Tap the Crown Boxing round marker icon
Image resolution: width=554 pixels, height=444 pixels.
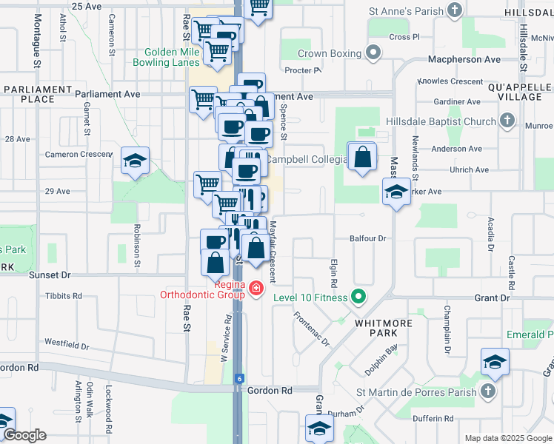(374, 54)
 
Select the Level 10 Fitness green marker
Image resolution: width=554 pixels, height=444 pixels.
(359, 297)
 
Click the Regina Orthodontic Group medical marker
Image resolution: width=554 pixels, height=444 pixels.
(256, 287)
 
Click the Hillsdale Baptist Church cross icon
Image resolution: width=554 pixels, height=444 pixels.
(507, 121)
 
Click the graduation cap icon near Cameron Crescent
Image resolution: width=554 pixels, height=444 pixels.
(136, 161)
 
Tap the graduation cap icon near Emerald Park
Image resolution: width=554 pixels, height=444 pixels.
(495, 362)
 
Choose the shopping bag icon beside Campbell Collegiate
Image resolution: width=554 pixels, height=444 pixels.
(362, 157)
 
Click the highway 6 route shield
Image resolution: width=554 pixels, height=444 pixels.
(239, 378)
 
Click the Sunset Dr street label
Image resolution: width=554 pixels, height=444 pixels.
(49, 275)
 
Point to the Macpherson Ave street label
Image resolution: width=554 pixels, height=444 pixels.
(461, 58)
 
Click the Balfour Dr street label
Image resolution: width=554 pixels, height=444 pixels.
(369, 238)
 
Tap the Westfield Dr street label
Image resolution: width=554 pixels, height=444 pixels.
(67, 345)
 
